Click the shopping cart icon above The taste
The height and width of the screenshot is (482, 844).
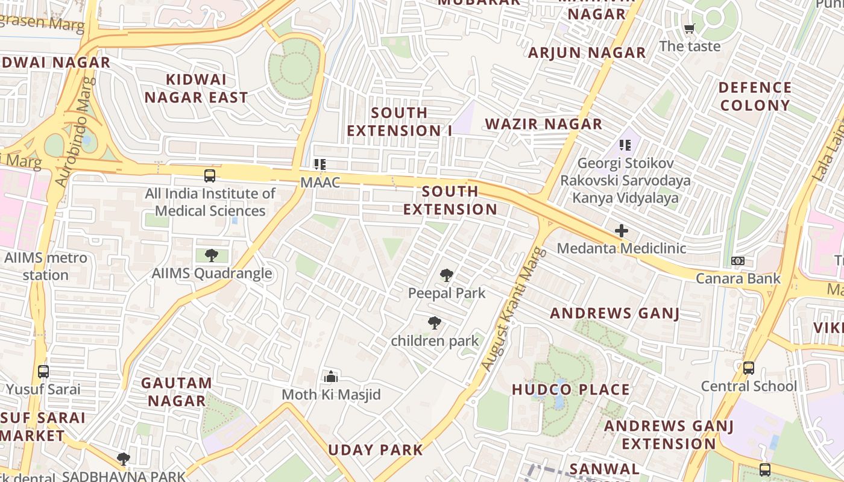tap(690, 28)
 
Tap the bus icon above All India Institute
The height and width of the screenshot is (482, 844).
tap(209, 176)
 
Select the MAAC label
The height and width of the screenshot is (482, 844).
tap(320, 182)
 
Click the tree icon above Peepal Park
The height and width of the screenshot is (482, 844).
tap(446, 276)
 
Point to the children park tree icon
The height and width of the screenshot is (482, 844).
tap(434, 323)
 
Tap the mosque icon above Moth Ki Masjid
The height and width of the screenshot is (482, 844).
tap(331, 377)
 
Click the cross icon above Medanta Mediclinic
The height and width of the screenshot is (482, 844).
tap(621, 231)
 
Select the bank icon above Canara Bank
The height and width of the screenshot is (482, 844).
tap(737, 261)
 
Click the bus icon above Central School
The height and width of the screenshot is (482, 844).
tap(748, 368)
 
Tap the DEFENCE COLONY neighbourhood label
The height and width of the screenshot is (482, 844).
tap(755, 96)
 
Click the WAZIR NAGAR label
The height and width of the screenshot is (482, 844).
tap(544, 124)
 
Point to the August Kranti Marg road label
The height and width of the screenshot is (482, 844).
tap(514, 308)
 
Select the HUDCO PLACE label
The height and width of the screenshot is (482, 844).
tap(570, 390)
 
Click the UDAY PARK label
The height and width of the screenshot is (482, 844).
tap(376, 449)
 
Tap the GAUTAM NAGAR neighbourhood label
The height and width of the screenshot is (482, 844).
tap(177, 392)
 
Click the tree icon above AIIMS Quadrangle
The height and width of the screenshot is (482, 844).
tap(211, 255)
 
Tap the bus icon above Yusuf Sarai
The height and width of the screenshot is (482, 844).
tap(43, 371)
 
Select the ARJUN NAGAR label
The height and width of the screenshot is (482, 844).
tap(587, 53)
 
